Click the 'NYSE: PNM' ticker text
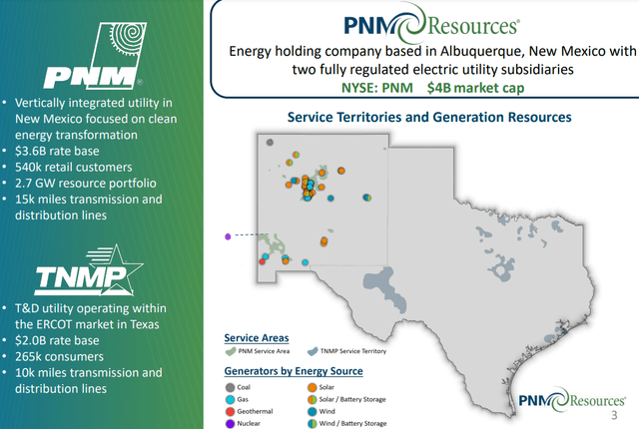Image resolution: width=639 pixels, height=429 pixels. point(382,88)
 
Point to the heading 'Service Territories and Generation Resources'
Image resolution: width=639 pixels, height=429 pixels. point(428,117)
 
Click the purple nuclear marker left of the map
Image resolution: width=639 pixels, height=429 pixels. point(229,236)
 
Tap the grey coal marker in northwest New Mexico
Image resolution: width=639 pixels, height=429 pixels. point(269,142)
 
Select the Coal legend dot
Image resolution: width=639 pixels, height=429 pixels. point(231,386)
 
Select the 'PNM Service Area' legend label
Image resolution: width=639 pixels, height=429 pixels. point(263,351)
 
